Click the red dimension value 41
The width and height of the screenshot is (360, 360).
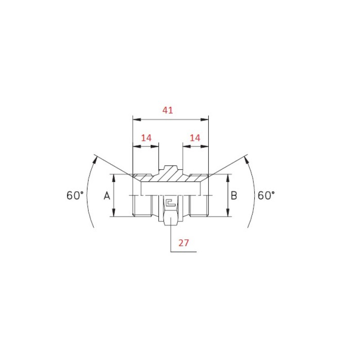pyautogui.click(x=167, y=110)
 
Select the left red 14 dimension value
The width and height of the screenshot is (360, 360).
pyautogui.click(x=146, y=138)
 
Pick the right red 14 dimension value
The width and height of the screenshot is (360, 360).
pyautogui.click(x=195, y=138)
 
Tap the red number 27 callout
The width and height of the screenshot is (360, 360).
pyautogui.click(x=184, y=243)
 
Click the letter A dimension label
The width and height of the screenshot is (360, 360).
pyautogui.click(x=107, y=196)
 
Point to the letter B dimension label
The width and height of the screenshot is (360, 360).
pyautogui.click(x=234, y=196)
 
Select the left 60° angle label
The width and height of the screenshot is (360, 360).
pyautogui.click(x=75, y=195)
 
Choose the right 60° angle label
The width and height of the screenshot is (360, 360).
pyautogui.click(x=266, y=195)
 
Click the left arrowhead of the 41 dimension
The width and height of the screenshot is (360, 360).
pyautogui.click(x=137, y=120)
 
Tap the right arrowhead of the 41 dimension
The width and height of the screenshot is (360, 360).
pyautogui.click(x=205, y=120)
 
